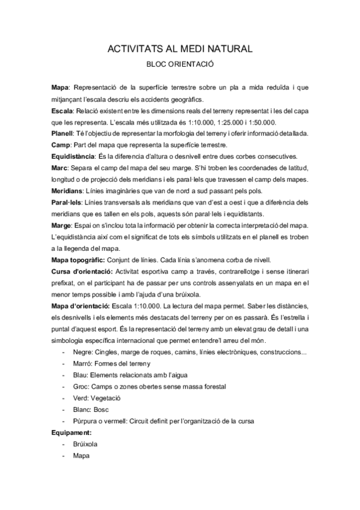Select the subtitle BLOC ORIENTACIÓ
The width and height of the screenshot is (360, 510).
pos(180,63)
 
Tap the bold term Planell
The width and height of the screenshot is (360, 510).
pos(63,133)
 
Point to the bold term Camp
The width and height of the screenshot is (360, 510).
pos(60,144)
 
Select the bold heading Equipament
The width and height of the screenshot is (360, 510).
pos(72,432)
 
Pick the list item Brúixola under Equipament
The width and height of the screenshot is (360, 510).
pos(85,444)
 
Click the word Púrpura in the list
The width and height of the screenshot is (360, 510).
pos(85,421)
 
